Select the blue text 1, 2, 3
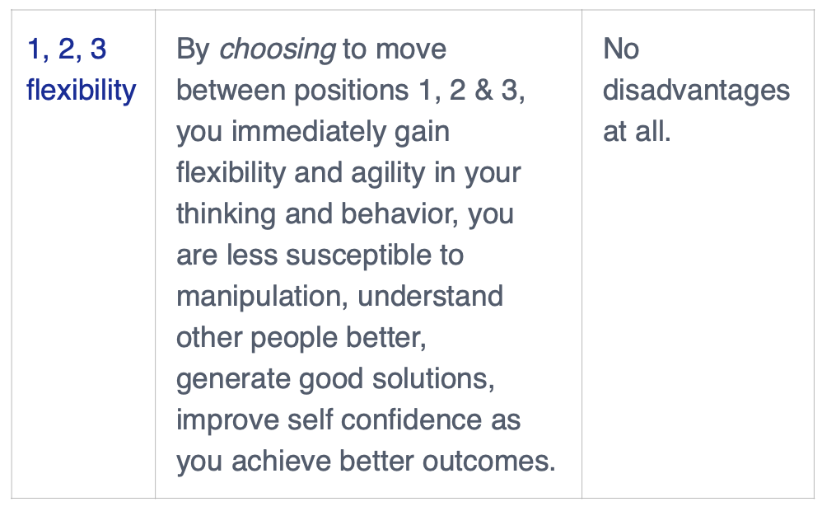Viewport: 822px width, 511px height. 67,49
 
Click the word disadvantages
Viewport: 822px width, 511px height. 696,90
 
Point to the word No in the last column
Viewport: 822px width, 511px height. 621,49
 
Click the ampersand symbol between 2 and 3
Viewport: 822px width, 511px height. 483,90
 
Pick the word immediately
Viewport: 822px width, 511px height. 309,131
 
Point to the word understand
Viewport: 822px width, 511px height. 430,296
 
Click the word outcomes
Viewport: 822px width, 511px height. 489,462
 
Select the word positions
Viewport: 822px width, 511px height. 351,91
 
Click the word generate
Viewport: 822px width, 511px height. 233,380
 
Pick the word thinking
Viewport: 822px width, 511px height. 227,215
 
